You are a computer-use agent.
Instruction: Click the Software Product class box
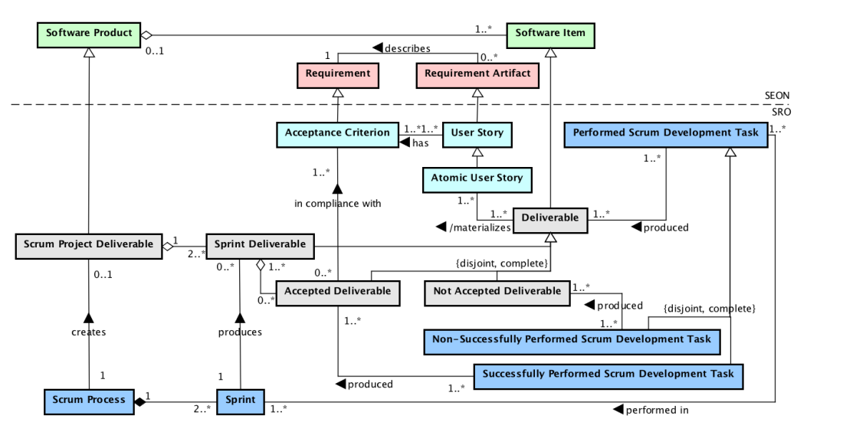click(89, 34)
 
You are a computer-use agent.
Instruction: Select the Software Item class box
click(549, 34)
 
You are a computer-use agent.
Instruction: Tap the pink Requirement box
click(338, 74)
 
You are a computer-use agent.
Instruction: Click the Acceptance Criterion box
click(338, 133)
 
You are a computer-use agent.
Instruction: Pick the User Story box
click(477, 133)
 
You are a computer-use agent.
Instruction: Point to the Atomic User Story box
click(477, 178)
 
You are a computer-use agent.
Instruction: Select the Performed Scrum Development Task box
click(664, 133)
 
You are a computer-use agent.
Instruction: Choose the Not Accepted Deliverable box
click(497, 291)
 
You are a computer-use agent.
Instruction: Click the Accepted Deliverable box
click(338, 291)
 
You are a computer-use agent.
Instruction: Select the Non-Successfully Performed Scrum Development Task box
click(572, 340)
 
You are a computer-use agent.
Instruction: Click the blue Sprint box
click(241, 400)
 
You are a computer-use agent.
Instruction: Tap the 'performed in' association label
click(657, 410)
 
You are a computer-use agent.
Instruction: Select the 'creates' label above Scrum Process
click(89, 332)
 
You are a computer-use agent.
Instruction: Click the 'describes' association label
click(406, 48)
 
